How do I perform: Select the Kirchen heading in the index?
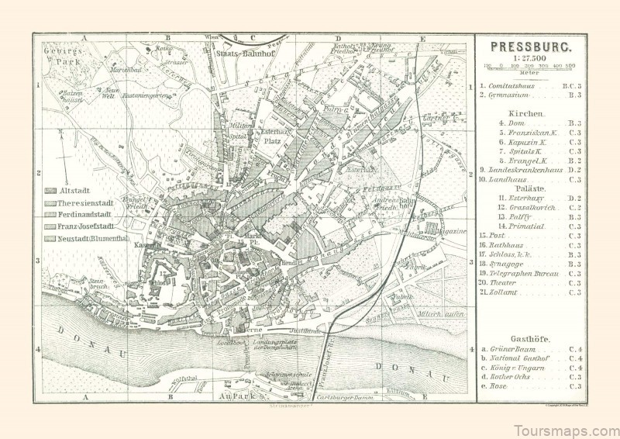coord(531,112)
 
